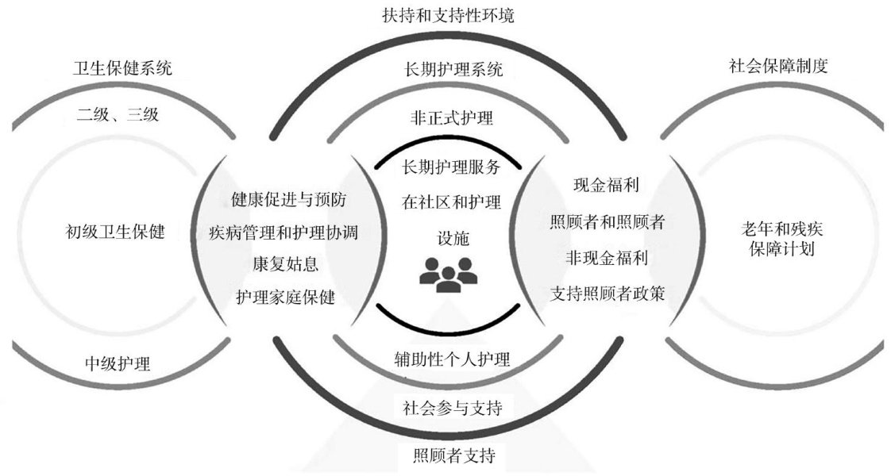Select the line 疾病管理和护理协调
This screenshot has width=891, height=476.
[x=283, y=232]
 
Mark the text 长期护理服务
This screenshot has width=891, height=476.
[x=451, y=167]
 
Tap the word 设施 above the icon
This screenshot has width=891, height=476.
[x=449, y=238]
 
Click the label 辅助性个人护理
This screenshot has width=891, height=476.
[x=452, y=359]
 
